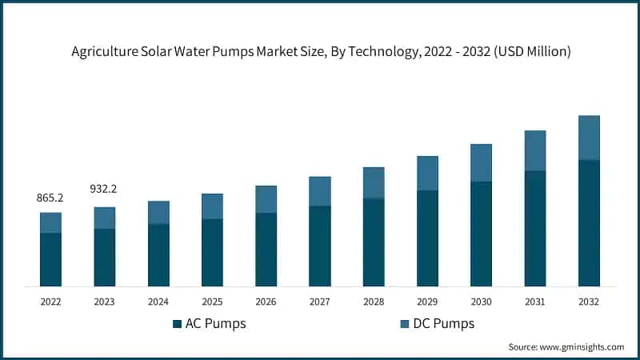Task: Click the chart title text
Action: pos(319,52)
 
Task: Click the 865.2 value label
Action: pos(50,197)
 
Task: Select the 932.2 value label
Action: pos(104,189)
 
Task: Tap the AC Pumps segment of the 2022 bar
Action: pos(50,259)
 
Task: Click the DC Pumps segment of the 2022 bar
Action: pos(50,222)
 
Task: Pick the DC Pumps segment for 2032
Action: pos(589,138)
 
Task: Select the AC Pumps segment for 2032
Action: pos(589,223)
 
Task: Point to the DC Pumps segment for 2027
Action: pos(320,191)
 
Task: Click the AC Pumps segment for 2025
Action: pos(212,252)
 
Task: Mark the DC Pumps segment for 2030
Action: pos(481,163)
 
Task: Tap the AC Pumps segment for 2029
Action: pos(427,238)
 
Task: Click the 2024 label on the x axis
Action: pos(158,302)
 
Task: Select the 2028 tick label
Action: pos(374,302)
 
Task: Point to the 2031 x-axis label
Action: pos(535,302)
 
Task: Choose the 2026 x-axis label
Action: pos(266,302)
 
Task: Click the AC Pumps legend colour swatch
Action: pos(177,324)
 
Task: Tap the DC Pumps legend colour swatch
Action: pos(405,324)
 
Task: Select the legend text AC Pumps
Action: pos(215,324)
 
